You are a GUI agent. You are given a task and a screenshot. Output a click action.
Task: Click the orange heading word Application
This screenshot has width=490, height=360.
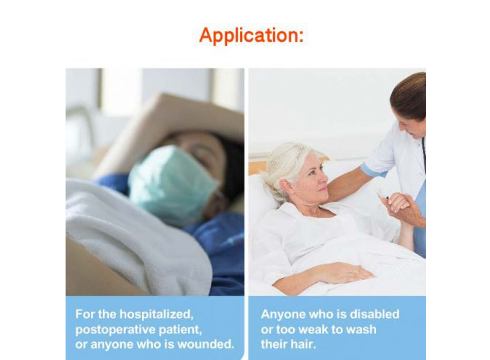tap(251, 35)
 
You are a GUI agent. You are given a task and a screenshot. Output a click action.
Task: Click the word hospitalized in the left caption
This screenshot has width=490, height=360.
tap(156, 314)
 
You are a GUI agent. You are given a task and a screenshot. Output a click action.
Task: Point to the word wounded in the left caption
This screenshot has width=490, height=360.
tap(205, 344)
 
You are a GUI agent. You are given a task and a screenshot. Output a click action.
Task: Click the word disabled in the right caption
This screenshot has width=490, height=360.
tap(375, 314)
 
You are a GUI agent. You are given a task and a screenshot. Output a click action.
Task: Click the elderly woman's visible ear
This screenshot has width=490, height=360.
tap(285, 186)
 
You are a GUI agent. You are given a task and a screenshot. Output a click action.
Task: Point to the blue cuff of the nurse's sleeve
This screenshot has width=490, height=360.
tap(373, 171)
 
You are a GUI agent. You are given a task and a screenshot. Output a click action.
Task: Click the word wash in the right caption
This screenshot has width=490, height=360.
tap(361, 330)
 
